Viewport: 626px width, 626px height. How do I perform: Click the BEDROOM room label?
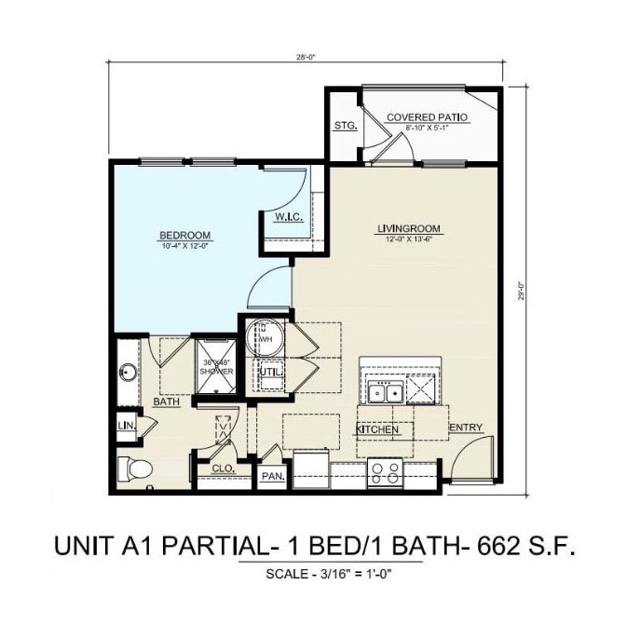[x=184, y=235]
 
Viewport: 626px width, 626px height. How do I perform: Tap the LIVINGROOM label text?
[x=408, y=228]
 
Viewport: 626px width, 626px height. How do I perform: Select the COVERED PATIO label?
[x=427, y=117]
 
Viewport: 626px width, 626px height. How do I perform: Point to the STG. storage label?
[x=345, y=126]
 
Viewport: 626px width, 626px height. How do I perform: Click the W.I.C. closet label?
[x=287, y=217]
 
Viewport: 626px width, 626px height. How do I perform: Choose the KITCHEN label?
[x=378, y=429]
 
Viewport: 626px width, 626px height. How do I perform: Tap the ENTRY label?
[x=466, y=428]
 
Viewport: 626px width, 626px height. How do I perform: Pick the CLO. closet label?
[x=223, y=468]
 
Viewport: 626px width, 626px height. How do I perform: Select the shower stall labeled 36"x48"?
[x=215, y=366]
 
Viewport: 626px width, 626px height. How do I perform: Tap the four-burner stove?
[x=385, y=473]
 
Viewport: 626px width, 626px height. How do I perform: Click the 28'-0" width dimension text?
[x=306, y=57]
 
